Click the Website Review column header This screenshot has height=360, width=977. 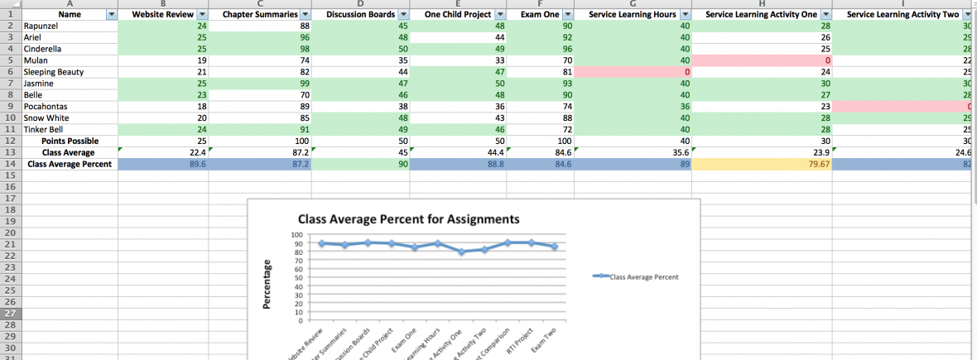pyautogui.click(x=157, y=15)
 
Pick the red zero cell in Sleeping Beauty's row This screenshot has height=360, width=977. pyautogui.click(x=633, y=72)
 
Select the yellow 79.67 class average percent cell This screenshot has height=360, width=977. pyautogui.click(x=761, y=164)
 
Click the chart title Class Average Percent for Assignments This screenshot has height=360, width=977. pyautogui.click(x=408, y=219)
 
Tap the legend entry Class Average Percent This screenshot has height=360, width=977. pyautogui.click(x=643, y=276)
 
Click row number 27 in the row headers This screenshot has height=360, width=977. pyautogui.click(x=11, y=314)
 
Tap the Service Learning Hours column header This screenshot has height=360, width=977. pyautogui.click(x=633, y=15)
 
